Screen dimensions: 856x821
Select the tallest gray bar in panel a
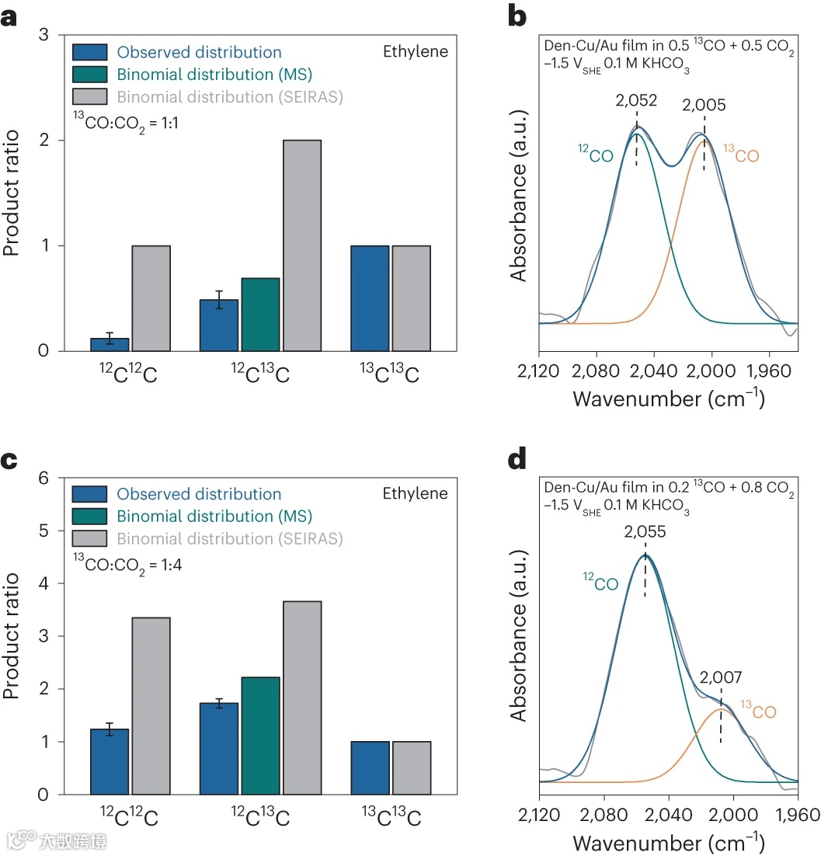[302, 245]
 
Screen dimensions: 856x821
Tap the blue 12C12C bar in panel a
[110, 344]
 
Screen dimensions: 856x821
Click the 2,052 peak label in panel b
[636, 102]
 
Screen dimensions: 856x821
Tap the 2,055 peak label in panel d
[645, 532]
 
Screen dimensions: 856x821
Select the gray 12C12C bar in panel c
[151, 705]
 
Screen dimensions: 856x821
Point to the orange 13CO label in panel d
[757, 710]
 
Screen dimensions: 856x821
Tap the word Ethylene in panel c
[415, 494]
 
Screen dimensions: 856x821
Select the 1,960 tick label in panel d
[798, 814]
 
